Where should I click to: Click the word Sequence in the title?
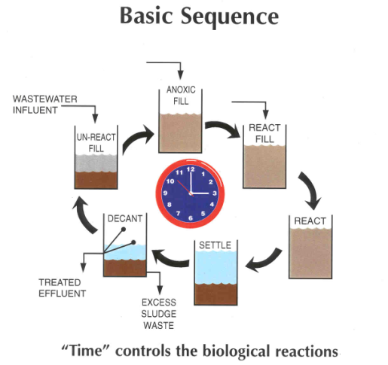(x=230, y=17)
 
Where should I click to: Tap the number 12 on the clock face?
(x=191, y=169)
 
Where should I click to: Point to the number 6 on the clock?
(x=191, y=218)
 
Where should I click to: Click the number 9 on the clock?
(x=165, y=193)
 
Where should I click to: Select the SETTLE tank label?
(x=215, y=245)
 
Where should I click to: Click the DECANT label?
(x=125, y=218)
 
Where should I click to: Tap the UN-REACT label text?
(x=96, y=137)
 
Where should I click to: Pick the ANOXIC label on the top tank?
(x=181, y=90)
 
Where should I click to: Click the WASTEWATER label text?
(x=45, y=99)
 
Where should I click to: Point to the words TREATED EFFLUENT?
(x=62, y=287)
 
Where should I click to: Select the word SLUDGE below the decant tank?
(x=158, y=314)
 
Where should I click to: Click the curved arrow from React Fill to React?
(x=310, y=190)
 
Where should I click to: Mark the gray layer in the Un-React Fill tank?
(x=96, y=163)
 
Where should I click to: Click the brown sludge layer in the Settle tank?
(x=215, y=294)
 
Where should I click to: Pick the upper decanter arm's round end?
(x=124, y=230)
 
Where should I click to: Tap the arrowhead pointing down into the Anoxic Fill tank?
(x=180, y=75)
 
